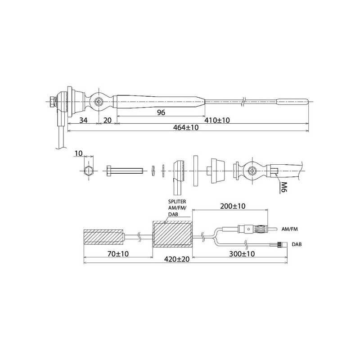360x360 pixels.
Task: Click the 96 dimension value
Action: [161, 112]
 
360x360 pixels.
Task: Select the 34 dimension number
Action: [83, 120]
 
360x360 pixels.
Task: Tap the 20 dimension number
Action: [107, 120]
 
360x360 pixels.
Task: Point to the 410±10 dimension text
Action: [217, 120]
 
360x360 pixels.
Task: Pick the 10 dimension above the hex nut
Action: [78, 153]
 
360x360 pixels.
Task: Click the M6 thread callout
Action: [284, 187]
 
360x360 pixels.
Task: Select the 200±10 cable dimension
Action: [233, 206]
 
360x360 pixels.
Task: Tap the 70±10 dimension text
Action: [118, 254]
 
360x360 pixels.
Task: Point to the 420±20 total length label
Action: [177, 259]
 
